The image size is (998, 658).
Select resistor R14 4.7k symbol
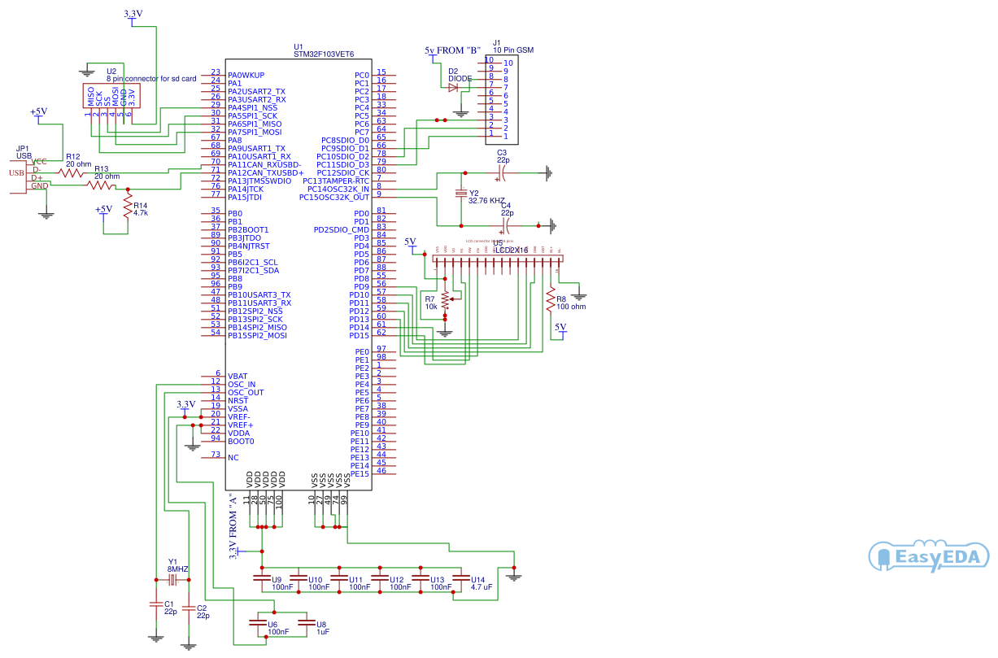(x=127, y=206)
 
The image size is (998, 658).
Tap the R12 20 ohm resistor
(x=72, y=172)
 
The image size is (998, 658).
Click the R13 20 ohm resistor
(x=102, y=185)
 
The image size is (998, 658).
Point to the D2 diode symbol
(x=453, y=87)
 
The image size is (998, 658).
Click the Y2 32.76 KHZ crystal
(x=462, y=194)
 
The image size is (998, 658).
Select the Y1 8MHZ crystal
(x=172, y=580)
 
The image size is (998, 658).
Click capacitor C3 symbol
(x=503, y=172)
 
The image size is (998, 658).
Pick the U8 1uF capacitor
(x=306, y=624)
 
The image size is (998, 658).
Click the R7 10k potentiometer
(x=445, y=300)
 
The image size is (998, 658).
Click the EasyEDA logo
(x=929, y=557)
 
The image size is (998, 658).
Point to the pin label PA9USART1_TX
(x=256, y=148)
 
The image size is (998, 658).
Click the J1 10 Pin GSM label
(x=512, y=47)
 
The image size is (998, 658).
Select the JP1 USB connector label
(x=24, y=151)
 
